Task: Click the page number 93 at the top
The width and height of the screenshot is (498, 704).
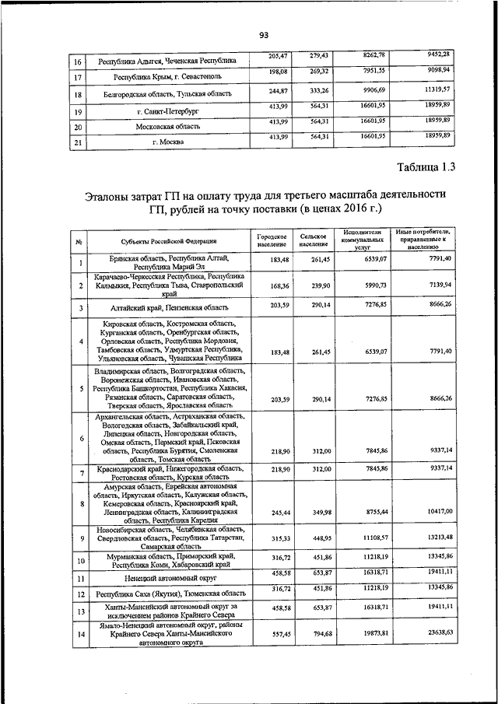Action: pos(263,35)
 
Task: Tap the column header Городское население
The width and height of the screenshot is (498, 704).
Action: pos(272,242)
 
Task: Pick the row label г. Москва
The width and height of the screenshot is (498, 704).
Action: pos(167,142)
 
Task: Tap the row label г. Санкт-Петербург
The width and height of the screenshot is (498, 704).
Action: pos(167,111)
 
